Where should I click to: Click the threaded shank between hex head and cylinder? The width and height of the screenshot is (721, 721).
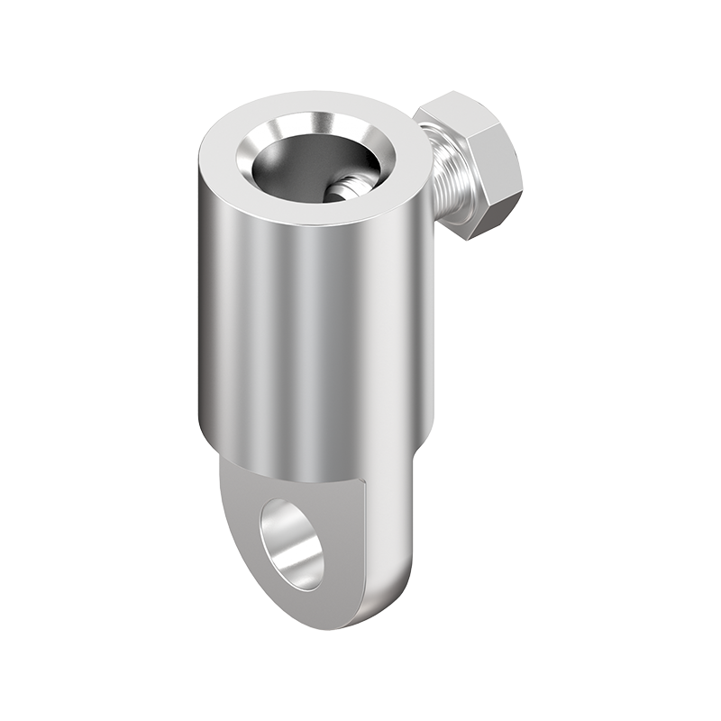point(442,180)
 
